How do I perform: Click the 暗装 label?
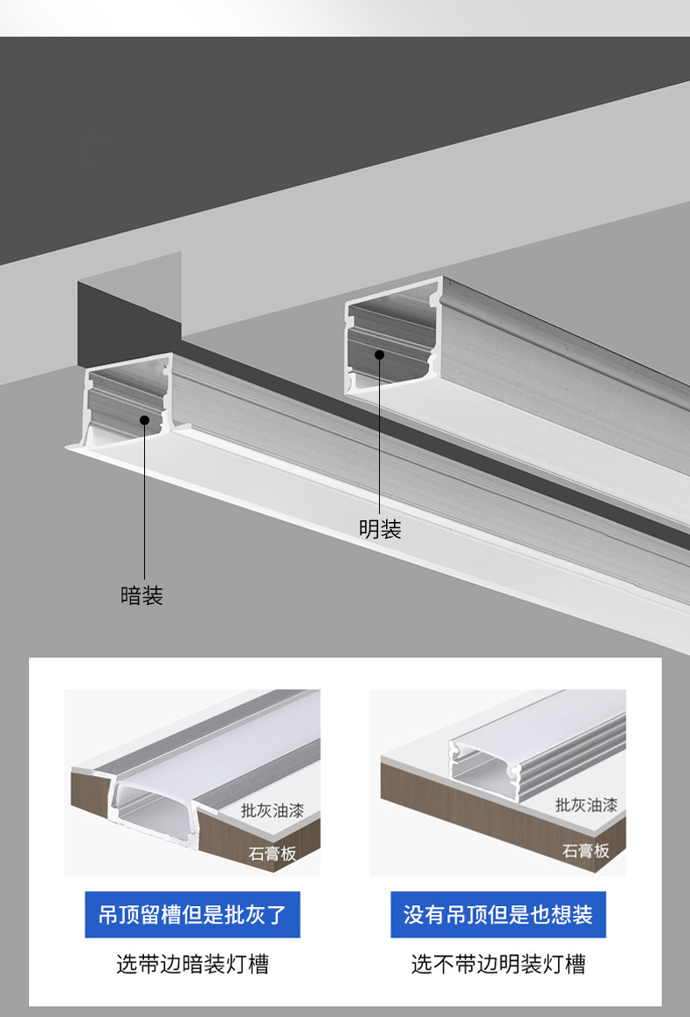(x=141, y=595)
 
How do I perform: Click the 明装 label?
(x=380, y=529)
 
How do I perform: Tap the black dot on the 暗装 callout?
(x=145, y=420)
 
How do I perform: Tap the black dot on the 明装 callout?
(x=380, y=354)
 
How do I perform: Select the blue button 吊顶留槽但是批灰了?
(x=192, y=915)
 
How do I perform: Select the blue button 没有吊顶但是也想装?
(x=498, y=915)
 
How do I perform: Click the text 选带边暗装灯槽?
(x=192, y=964)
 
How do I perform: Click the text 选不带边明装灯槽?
(x=498, y=964)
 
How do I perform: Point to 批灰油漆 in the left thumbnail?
(x=273, y=811)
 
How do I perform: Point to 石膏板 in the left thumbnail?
(x=273, y=853)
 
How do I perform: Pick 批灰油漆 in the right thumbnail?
(x=586, y=804)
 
